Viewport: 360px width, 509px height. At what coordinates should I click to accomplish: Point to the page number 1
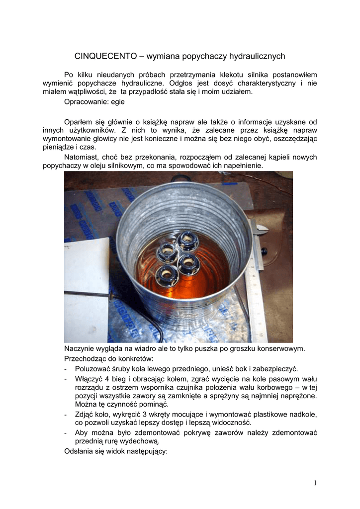315,483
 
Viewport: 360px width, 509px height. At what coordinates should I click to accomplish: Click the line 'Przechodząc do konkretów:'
109,358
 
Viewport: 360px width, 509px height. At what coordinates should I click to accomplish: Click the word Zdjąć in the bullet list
85,414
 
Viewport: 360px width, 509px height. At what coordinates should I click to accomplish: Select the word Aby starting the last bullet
82,432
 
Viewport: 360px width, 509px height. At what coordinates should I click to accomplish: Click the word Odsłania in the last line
80,452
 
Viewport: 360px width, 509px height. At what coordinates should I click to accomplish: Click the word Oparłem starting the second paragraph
80,122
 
